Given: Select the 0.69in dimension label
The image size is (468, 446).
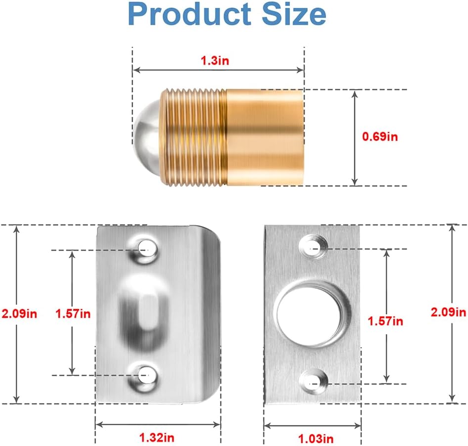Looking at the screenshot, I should [x=380, y=137].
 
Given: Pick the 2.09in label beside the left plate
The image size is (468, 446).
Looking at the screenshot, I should [x=19, y=313].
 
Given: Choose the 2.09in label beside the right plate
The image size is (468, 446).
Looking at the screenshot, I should [x=448, y=312].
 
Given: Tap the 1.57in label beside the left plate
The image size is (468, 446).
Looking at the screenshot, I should [x=73, y=313].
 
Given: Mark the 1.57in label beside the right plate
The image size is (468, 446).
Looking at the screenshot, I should [x=385, y=320].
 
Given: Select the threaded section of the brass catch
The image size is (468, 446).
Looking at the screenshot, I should [x=193, y=137].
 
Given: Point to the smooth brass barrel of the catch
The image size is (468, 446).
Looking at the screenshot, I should [x=265, y=137].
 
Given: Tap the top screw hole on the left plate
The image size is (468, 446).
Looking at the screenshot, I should [x=145, y=247].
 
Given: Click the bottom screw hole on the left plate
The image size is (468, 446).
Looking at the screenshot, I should [x=145, y=375].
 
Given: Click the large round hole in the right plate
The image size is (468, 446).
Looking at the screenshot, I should [x=309, y=314].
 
